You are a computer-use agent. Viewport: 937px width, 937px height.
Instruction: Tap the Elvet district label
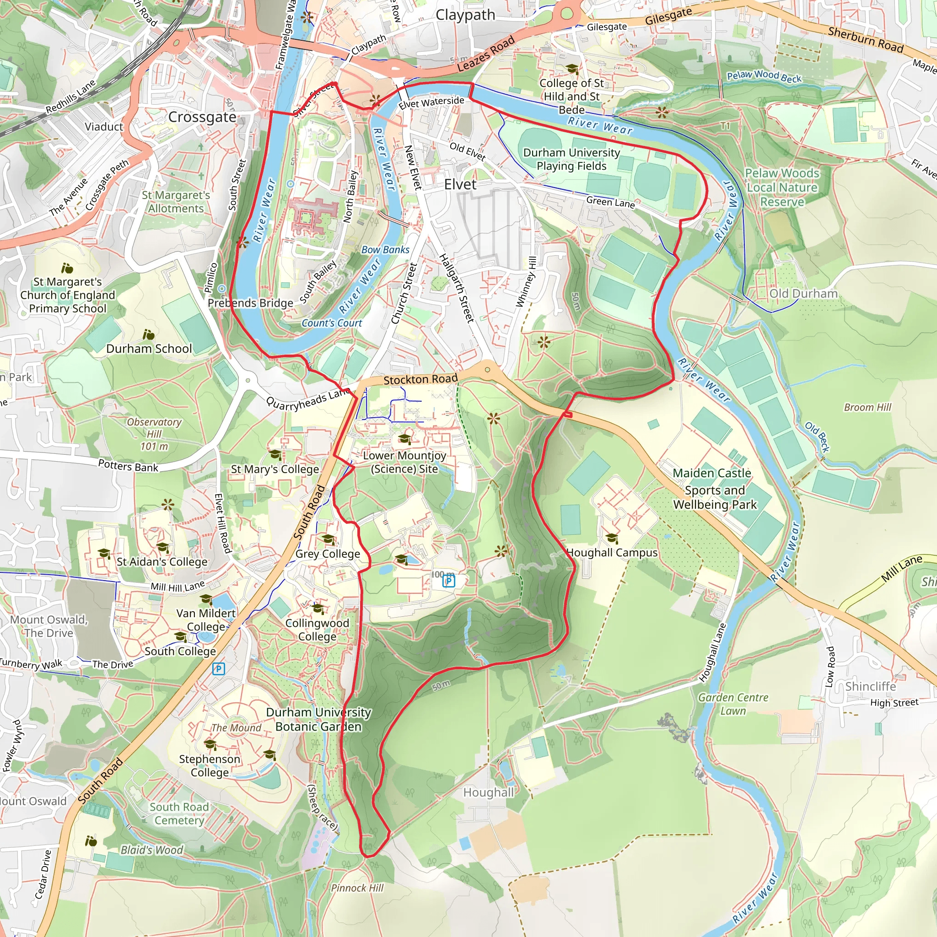point(460,184)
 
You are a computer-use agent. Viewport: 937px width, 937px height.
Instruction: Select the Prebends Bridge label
point(250,303)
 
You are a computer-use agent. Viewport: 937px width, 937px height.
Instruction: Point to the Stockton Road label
point(420,379)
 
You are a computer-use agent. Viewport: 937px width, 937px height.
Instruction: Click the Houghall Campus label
point(612,552)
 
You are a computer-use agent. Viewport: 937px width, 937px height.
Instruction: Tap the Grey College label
point(328,554)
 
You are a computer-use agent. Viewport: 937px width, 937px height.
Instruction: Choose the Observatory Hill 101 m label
point(154,434)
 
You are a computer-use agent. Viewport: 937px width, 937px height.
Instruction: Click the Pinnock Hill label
point(357,888)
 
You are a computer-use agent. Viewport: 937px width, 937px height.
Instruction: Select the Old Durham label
point(803,293)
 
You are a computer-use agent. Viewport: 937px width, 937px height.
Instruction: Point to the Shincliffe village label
point(871,686)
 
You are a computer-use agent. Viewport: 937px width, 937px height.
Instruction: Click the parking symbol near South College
point(219,669)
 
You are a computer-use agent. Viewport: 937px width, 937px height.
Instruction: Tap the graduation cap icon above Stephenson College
point(210,744)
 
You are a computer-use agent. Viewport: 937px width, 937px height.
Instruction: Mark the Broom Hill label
point(867,407)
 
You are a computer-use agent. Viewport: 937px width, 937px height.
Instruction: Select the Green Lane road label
point(610,202)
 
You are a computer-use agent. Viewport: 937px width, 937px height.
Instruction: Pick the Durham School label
point(149,349)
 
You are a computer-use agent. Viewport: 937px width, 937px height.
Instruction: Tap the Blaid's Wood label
point(152,850)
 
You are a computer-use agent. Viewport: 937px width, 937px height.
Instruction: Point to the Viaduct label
point(104,127)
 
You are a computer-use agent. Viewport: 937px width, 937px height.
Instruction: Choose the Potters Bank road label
point(128,466)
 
